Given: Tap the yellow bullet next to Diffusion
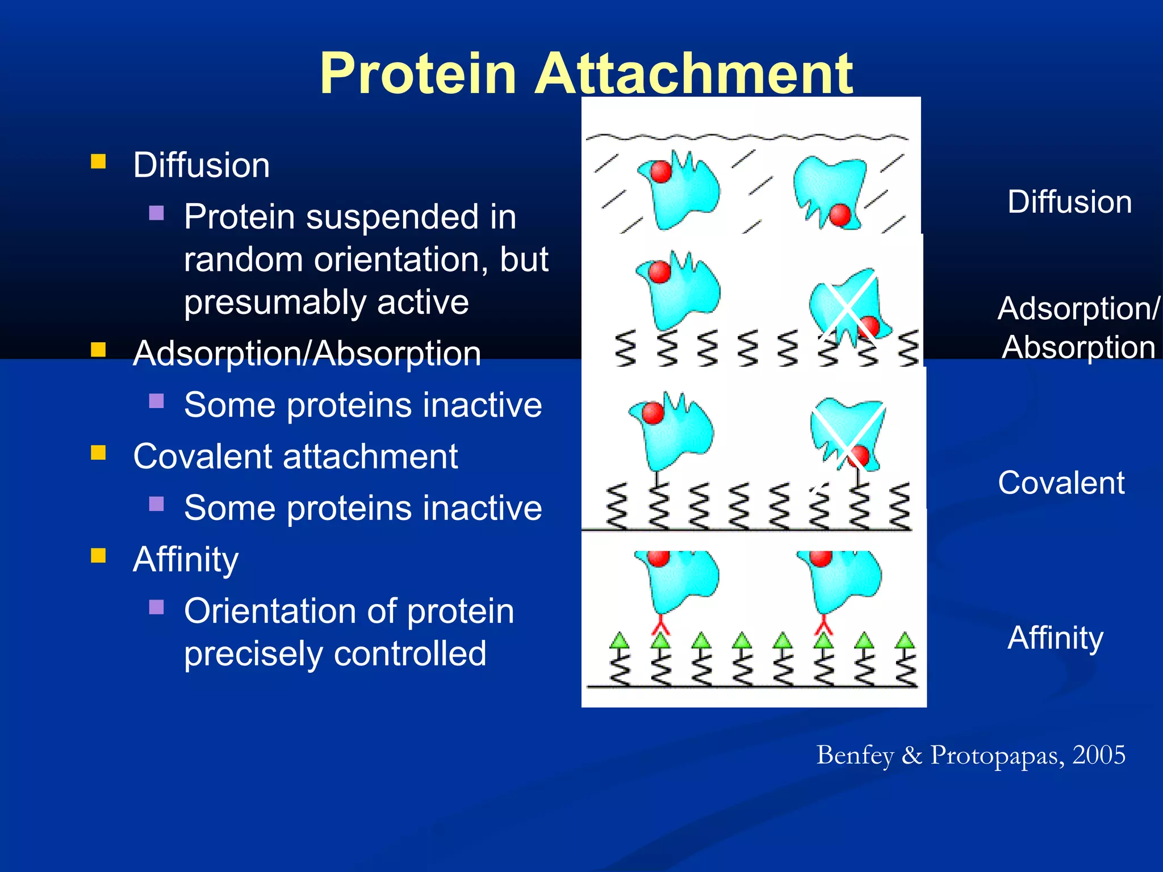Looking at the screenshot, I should [x=98, y=162].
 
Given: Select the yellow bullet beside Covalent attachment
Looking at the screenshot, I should [x=98, y=452].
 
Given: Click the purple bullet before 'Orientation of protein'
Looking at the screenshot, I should [x=156, y=607].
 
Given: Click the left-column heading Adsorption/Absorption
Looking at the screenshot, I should [x=307, y=353].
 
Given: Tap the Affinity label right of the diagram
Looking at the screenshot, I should [x=1055, y=638].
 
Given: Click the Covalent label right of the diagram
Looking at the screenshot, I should [x=1061, y=483].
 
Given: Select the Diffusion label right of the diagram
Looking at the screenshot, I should [x=1069, y=202].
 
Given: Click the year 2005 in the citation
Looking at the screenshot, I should [x=1098, y=755].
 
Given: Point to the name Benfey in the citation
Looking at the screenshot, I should [x=855, y=755].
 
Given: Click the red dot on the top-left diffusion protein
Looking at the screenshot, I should [x=660, y=171].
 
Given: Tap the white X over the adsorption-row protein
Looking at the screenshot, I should [x=847, y=308].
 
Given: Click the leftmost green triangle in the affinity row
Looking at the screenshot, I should [x=620, y=641].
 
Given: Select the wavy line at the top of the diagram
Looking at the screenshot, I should [x=747, y=137].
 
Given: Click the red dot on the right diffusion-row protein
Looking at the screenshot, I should [x=840, y=215].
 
